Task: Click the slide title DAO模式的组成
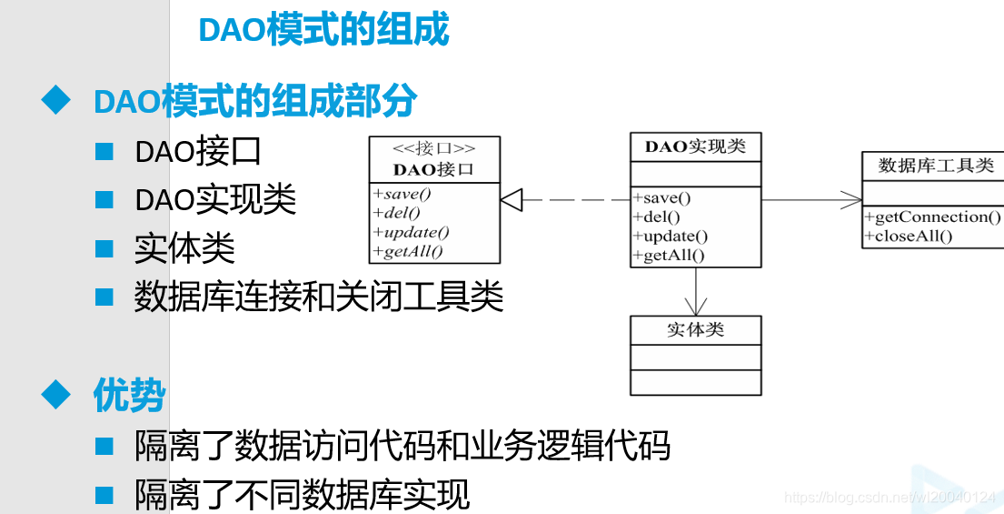[323, 30]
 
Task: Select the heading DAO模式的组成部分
[255, 101]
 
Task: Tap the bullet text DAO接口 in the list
[198, 151]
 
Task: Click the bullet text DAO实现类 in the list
[215, 199]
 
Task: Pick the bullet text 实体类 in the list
[184, 248]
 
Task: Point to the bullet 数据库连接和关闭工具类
[318, 297]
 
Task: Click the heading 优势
[129, 396]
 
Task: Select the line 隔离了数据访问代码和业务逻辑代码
[403, 446]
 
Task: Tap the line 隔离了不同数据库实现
[303, 495]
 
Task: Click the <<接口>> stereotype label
[433, 148]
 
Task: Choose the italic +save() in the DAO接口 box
[403, 194]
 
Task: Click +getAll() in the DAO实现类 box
[669, 256]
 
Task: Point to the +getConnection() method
[933, 217]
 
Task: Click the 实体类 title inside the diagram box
[696, 329]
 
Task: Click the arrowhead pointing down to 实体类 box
[696, 307]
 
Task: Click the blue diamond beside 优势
[56, 395]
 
